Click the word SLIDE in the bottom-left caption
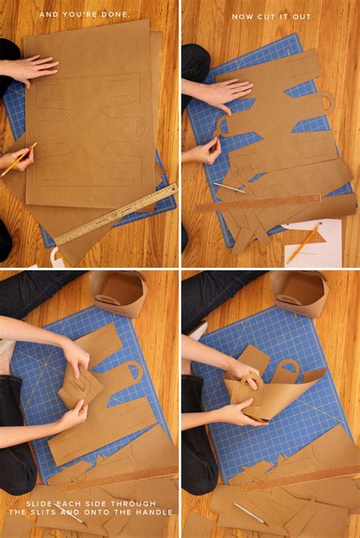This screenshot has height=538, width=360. [x=37, y=504]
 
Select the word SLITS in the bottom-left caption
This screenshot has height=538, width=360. [x=49, y=512]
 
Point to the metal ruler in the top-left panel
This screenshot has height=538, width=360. [x=116, y=214]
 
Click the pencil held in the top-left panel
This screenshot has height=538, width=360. [x=19, y=159]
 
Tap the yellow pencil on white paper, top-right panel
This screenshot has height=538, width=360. [x=305, y=242]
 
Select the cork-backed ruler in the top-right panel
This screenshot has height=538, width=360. [x=258, y=203]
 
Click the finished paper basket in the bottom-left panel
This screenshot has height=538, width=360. [x=118, y=294]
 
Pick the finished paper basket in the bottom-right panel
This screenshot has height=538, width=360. [x=298, y=294]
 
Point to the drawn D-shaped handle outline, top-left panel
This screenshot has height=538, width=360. [x=141, y=127]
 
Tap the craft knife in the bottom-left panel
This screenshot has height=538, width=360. [x=70, y=514]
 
